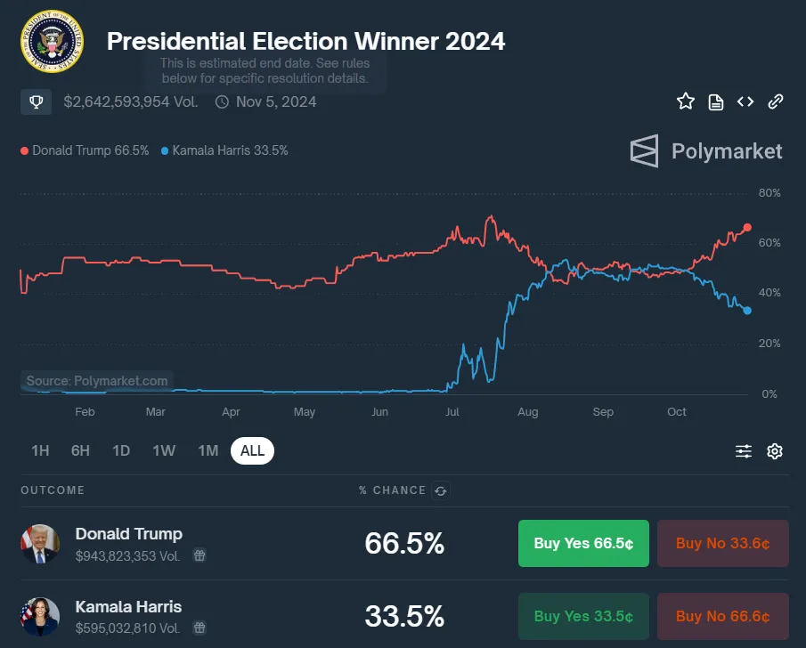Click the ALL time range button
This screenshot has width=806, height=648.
pos(252,450)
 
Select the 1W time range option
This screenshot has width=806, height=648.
pos(164,450)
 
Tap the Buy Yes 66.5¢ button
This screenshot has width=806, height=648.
pos(583,543)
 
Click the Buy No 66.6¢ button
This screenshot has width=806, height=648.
pos(722,616)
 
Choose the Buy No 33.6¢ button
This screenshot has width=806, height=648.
pos(722,543)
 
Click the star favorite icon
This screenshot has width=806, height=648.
pos(686,101)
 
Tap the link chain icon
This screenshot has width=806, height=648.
pos(775,101)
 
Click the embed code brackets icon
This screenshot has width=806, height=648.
pos(745,101)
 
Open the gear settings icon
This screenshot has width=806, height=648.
pos(775,451)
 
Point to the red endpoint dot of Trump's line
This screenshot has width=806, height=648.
pos(747,227)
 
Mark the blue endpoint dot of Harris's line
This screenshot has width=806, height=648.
pos(747,311)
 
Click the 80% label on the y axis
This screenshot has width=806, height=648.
pos(769,192)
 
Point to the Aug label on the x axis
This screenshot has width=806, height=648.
pos(528,412)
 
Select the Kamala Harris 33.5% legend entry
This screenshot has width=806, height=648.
pos(224,150)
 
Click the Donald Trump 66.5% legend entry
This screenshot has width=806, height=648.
pos(85,150)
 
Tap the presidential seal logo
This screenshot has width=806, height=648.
pos(52,41)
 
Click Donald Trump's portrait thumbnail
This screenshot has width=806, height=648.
pos(40,544)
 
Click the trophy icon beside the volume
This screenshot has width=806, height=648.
pos(36,101)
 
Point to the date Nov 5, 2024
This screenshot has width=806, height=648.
pos(276,101)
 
